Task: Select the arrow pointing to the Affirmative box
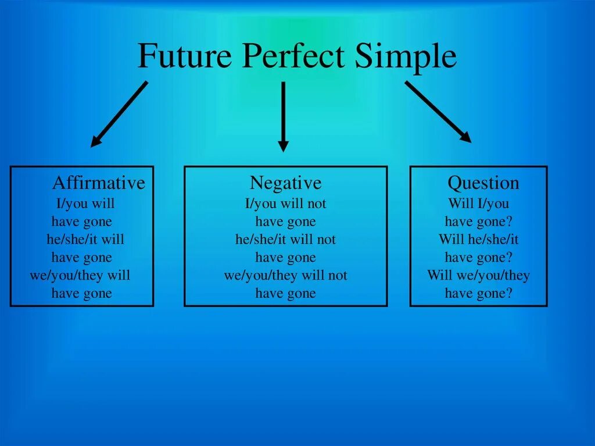(x=119, y=113)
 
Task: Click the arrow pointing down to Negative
(x=283, y=116)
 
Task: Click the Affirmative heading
(x=98, y=183)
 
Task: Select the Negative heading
(x=285, y=183)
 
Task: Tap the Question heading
(x=483, y=183)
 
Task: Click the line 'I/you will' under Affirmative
(x=85, y=204)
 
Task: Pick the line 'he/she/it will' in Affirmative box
(x=85, y=239)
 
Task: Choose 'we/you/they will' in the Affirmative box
(x=80, y=275)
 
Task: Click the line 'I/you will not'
(x=285, y=204)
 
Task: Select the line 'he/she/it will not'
(x=285, y=239)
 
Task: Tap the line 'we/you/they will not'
(x=285, y=275)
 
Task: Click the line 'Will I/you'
(x=478, y=204)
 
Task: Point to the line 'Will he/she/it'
(x=478, y=239)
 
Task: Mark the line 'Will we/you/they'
(x=478, y=275)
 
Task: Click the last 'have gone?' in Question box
(x=478, y=293)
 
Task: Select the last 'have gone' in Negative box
(x=285, y=293)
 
